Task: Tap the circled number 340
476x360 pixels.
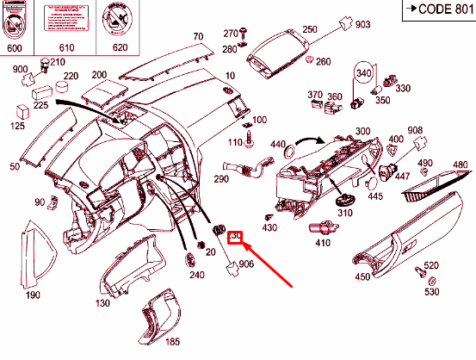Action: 363,72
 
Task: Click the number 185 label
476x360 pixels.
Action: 172,341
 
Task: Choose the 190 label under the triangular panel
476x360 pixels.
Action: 32,295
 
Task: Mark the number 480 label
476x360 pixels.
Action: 460,164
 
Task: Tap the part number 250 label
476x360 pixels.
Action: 309,29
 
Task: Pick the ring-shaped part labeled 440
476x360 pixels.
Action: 289,152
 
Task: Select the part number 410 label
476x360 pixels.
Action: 322,244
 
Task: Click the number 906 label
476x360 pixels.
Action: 246,264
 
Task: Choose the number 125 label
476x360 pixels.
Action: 17,127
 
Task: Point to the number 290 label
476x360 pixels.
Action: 221,179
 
